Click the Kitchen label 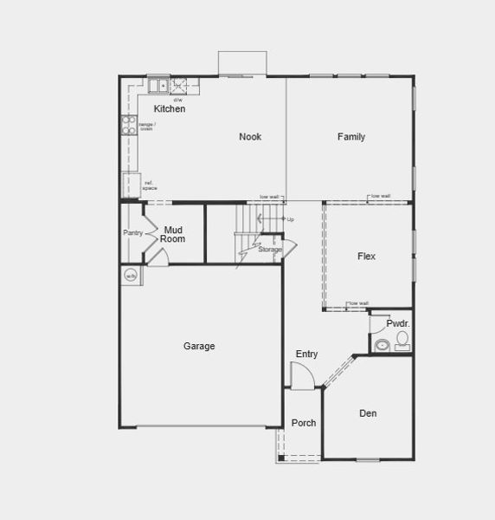point(170,109)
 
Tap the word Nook point(250,137)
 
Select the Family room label point(351,137)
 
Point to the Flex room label point(366,257)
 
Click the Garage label point(199,347)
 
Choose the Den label point(368,413)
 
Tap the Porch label point(304,423)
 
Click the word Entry point(306,354)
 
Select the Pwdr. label point(398,323)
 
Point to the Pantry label point(132,232)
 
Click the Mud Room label point(172,234)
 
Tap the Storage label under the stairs point(270,250)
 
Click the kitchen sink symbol point(158,85)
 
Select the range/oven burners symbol point(125,126)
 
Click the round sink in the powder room point(381,345)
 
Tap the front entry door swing point(300,377)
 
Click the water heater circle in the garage point(131,276)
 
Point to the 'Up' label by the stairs point(290,219)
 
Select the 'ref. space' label point(150,185)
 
